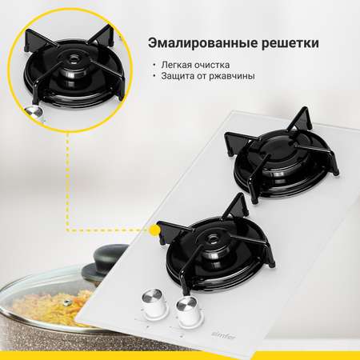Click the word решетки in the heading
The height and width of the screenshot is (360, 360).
(290, 44)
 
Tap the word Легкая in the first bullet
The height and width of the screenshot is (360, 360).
(176, 65)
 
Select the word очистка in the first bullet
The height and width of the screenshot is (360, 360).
(212, 65)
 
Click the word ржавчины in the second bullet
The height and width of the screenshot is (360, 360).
(232, 76)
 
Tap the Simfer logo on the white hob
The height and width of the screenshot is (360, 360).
(223, 335)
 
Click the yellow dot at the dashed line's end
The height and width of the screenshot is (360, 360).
(155, 230)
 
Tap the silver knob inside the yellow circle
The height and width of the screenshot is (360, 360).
(34, 112)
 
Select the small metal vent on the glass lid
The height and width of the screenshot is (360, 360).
(66, 302)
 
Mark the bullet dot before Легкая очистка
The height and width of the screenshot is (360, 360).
(154, 65)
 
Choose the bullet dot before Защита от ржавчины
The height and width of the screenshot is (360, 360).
(154, 76)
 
